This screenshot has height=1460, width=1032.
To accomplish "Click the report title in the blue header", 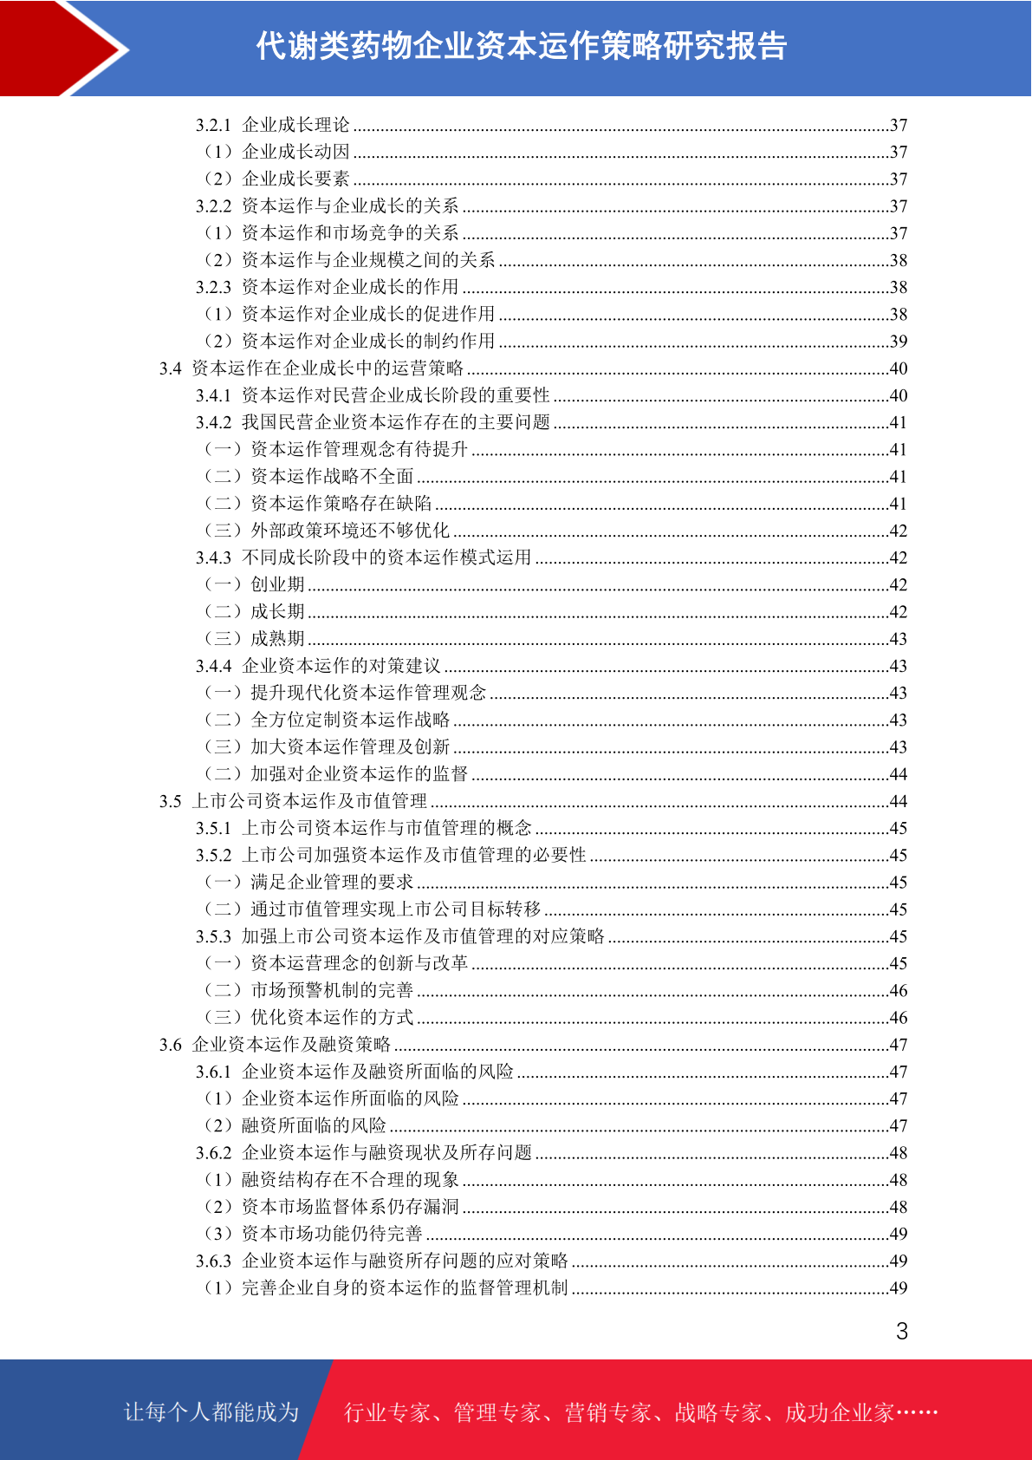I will point(521,47).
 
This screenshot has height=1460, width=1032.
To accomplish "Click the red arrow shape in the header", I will point(61,48).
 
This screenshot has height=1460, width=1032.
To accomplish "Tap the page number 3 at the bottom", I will point(901,1331).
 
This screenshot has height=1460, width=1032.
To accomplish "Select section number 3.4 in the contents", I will point(170,368).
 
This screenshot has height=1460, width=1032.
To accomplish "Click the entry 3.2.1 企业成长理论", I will point(273,125).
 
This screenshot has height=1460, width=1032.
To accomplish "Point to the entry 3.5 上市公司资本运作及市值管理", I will point(293,801).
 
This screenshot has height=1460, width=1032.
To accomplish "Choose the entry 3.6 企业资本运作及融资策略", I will point(275,1045).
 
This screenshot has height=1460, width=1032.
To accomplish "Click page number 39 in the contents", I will point(898,342).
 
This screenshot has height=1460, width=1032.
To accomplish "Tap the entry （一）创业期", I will point(254,584).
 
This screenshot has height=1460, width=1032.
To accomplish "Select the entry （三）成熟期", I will point(254,639).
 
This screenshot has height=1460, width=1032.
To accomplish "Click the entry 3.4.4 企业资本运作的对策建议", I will point(318,666).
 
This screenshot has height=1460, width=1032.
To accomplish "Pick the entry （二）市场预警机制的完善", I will point(308,990).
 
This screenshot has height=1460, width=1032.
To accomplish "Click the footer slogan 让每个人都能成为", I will point(211,1412).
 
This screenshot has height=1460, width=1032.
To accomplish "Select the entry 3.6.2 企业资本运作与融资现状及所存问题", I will point(364,1153).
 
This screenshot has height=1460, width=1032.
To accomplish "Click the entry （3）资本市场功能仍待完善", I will point(313,1234).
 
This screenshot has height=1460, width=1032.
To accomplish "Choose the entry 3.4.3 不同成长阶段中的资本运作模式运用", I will point(364,557).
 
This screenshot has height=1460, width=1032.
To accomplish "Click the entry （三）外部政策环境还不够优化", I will point(327,531).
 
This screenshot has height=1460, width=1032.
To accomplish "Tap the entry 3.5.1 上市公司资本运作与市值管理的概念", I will point(364,828).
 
